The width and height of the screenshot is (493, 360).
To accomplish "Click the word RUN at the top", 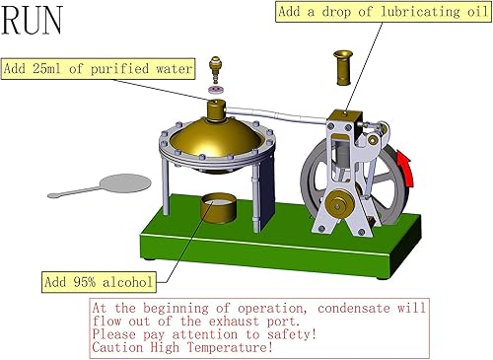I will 37,21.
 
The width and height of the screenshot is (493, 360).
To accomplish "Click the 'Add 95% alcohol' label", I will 99,283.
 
